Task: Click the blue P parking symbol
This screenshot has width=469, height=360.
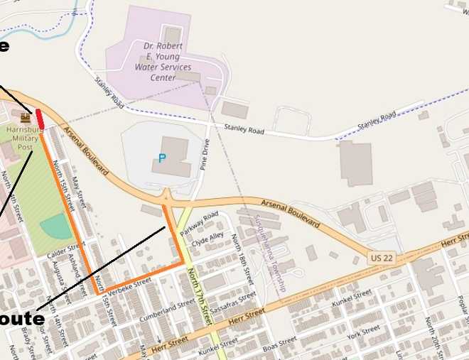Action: pyautogui.click(x=162, y=158)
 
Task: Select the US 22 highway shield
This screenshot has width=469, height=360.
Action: pyautogui.click(x=380, y=257)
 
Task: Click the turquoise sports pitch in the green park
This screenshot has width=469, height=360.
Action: pyautogui.click(x=56, y=227)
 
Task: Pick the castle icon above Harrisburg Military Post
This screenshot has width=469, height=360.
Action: pyautogui.click(x=26, y=117)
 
